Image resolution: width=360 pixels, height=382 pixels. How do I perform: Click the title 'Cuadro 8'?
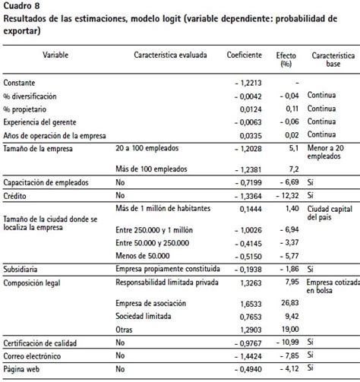coord(22,7)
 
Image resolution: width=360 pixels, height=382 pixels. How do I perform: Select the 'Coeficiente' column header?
coord(245,57)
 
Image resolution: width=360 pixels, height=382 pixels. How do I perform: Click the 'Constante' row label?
coord(20,82)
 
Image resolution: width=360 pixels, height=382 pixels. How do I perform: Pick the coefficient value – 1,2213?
coord(248,82)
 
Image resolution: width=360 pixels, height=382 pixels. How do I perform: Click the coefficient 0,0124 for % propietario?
coord(251,108)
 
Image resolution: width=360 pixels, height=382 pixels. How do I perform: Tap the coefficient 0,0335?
coord(251,134)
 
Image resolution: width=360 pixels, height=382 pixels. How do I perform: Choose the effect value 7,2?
coord(292,169)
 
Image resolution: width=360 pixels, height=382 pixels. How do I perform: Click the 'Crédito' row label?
coord(17,196)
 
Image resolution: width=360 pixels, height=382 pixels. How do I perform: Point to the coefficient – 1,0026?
coord(248,229)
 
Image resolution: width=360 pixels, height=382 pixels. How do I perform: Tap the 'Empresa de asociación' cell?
coord(150,303)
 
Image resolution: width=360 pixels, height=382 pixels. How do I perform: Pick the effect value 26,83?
coord(289,303)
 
